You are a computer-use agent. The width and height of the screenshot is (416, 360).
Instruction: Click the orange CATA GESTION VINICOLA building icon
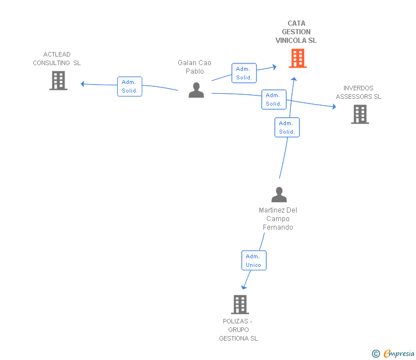coord(297,58)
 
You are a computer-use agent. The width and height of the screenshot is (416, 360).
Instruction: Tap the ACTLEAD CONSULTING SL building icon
coord(58,81)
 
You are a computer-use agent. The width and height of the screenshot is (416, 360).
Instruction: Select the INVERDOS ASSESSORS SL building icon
coord(359,114)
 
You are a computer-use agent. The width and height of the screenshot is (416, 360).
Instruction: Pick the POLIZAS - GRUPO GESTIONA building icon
coord(240,305)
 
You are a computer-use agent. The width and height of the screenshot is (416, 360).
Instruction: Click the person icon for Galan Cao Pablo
coord(196,90)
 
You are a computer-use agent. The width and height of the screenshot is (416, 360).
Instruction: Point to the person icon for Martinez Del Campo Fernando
coord(279,195)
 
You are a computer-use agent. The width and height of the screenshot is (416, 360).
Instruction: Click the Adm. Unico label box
coord(253,261)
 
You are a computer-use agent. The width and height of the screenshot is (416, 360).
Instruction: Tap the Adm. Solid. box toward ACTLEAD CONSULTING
coord(130,86)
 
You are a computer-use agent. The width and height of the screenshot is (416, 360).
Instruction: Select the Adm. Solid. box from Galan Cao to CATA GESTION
coord(244,73)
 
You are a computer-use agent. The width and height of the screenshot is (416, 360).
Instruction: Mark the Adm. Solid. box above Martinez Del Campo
coord(287,127)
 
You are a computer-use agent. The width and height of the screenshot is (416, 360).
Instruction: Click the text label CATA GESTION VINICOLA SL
coord(296,32)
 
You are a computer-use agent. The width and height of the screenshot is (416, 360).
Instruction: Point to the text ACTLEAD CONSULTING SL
coord(57,59)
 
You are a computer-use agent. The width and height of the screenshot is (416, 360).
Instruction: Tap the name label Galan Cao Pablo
coord(194,67)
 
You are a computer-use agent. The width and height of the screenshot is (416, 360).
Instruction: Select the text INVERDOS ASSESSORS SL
coord(358,93)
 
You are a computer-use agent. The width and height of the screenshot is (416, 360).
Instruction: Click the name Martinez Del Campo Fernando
coord(278,219)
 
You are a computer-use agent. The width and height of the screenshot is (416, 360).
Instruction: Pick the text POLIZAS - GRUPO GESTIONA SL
coord(238,330)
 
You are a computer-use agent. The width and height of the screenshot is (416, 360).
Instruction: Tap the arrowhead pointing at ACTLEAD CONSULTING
coord(83,84)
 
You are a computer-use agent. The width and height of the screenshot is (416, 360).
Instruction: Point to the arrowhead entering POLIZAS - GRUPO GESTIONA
coord(244,287)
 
